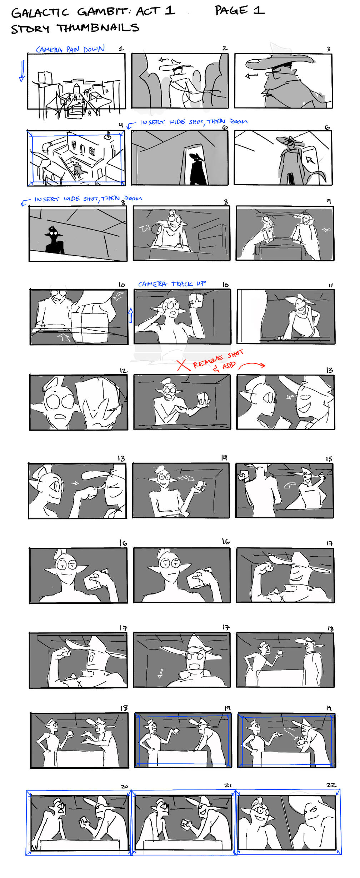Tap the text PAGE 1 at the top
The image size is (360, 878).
click(x=240, y=10)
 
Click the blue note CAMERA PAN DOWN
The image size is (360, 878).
click(x=70, y=49)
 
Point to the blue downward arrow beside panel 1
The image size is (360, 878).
click(x=22, y=71)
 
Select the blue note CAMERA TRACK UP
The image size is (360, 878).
click(x=172, y=284)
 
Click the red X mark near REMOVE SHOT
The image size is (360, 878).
click(x=183, y=365)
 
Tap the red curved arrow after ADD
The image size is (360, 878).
click(x=252, y=365)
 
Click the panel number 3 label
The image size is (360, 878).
click(x=328, y=49)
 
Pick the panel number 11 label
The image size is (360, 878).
click(x=330, y=285)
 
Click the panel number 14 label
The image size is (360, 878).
click(x=224, y=457)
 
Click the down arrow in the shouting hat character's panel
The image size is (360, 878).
click(x=160, y=673)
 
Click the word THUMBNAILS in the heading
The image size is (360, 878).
click(x=98, y=28)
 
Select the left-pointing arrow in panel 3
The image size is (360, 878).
click(x=251, y=75)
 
